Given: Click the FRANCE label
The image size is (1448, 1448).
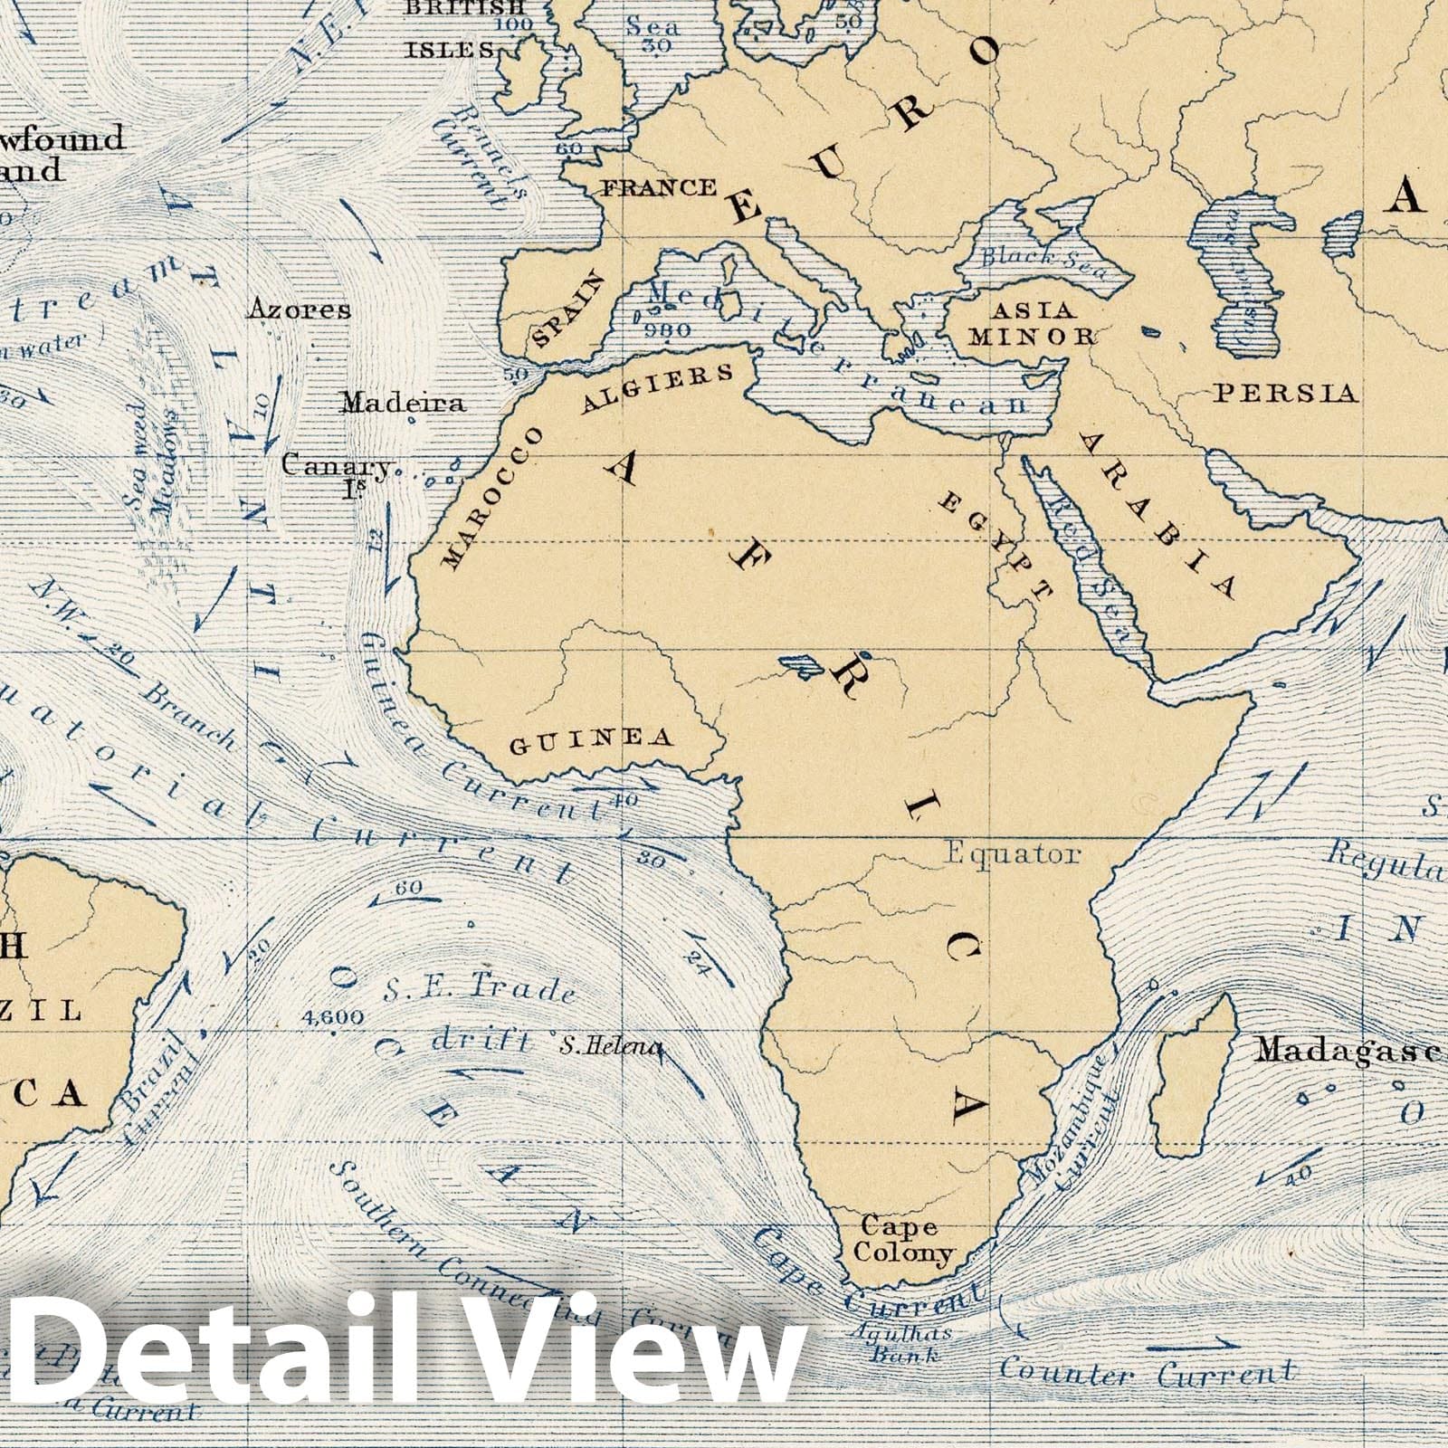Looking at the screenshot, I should pos(658,188).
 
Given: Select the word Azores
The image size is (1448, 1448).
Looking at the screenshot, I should pos(299,310).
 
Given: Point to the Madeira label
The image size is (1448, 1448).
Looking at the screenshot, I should pos(403,403).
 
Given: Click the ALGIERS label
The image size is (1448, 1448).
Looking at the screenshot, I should pos(658,389).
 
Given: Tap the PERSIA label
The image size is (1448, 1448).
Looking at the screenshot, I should pos(1285,393).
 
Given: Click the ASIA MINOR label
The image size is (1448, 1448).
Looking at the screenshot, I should pos(1032,324).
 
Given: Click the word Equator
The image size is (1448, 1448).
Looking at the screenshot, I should pos(1013,853).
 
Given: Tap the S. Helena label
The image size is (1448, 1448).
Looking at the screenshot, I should pos(611,1047).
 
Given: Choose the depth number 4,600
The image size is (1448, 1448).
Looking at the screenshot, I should pos(335,1017).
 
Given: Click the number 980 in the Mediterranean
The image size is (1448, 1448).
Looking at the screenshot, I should pos(669,329).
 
